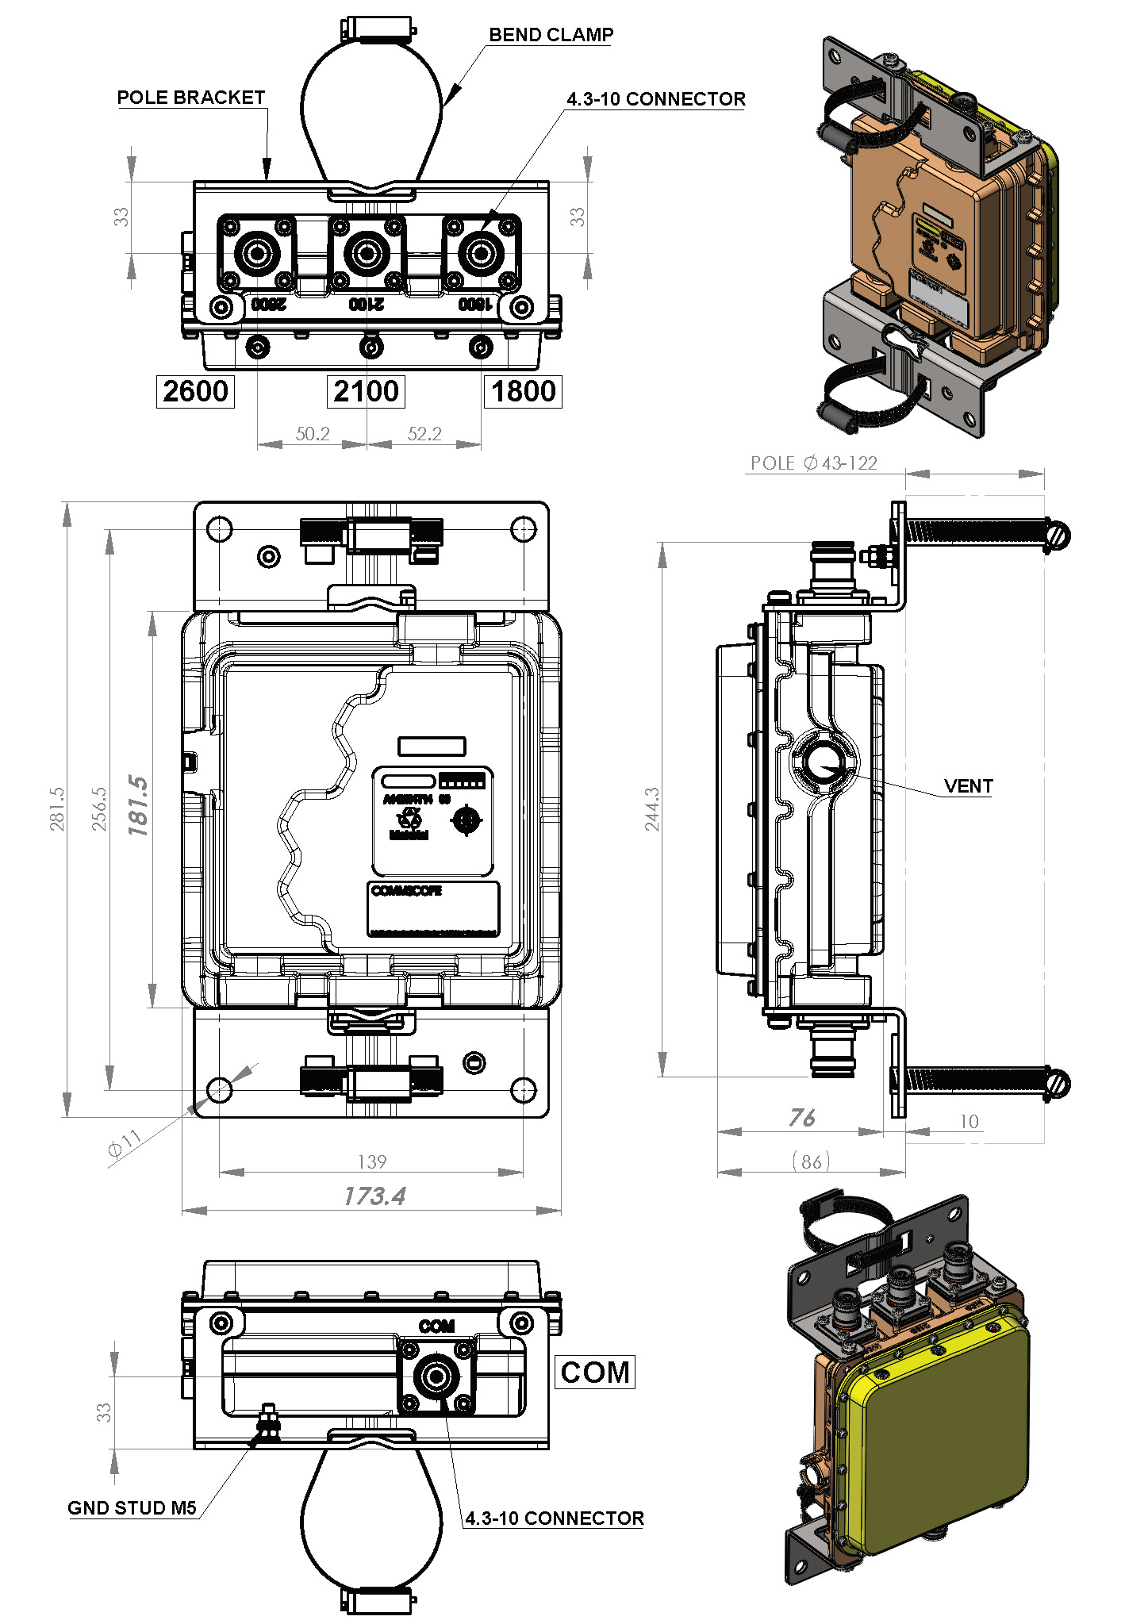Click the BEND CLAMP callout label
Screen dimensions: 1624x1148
tap(551, 35)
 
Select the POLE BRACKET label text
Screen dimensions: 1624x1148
tap(190, 98)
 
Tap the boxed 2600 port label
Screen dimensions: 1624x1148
tap(195, 392)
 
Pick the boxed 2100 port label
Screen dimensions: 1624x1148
tap(366, 392)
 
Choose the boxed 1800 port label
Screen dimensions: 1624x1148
tap(523, 392)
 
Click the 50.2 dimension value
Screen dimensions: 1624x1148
tap(313, 434)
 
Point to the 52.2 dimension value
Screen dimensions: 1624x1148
tap(424, 434)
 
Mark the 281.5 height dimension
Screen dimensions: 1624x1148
tap(57, 809)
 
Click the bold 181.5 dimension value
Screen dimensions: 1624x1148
tap(138, 806)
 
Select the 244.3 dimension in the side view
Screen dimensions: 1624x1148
tap(652, 809)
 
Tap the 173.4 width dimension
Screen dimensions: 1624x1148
tap(374, 1196)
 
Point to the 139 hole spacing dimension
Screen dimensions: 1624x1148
tap(372, 1162)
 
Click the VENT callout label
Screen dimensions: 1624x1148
tap(968, 786)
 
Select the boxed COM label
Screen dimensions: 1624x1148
tap(595, 1373)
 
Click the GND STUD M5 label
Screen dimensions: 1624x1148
tap(132, 1508)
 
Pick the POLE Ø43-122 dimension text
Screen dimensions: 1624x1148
tap(814, 463)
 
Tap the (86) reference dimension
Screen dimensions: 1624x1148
tap(811, 1162)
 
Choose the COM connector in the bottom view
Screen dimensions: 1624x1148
tap(436, 1376)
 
